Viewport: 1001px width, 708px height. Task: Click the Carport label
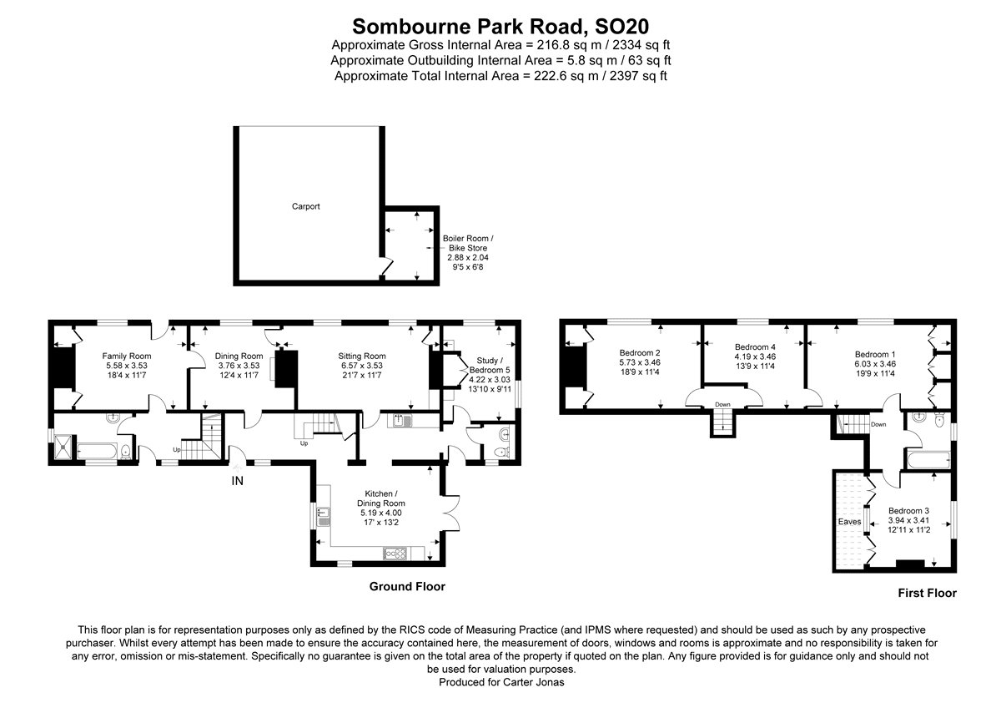pos(305,206)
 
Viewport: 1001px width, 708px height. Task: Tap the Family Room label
pos(126,356)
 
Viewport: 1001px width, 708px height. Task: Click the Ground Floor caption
pos(407,587)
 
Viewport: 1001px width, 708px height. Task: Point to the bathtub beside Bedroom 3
pos(926,458)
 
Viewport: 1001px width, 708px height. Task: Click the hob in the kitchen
pos(395,553)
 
